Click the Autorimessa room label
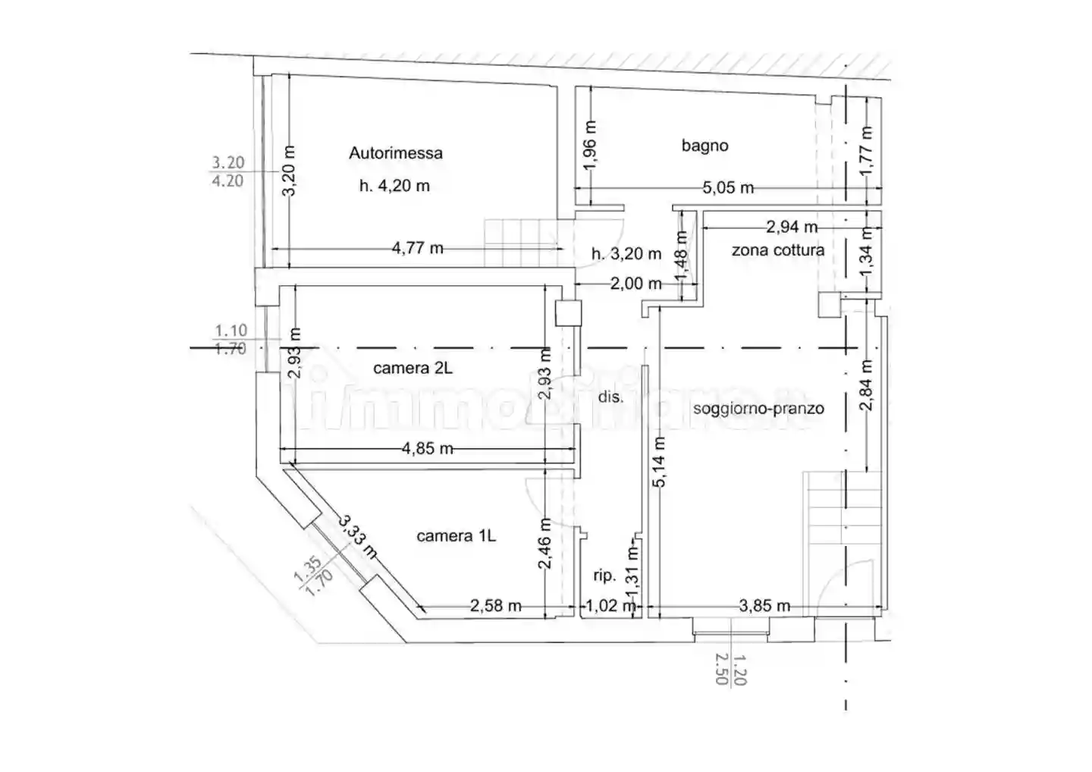click(396, 153)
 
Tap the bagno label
click(705, 146)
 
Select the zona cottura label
click(778, 250)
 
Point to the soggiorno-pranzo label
click(758, 409)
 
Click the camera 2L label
click(413, 368)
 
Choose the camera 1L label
click(457, 536)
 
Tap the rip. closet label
click(604, 576)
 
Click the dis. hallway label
click(611, 397)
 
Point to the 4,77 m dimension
click(418, 249)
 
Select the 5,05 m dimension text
click(728, 187)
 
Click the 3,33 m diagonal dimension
click(357, 537)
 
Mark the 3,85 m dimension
click(764, 606)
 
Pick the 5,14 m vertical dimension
click(659, 462)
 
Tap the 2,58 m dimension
click(496, 606)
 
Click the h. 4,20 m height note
click(395, 186)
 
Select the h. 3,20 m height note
click(626, 253)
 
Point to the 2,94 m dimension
click(792, 227)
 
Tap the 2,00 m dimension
click(636, 283)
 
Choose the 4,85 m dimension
click(428, 448)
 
